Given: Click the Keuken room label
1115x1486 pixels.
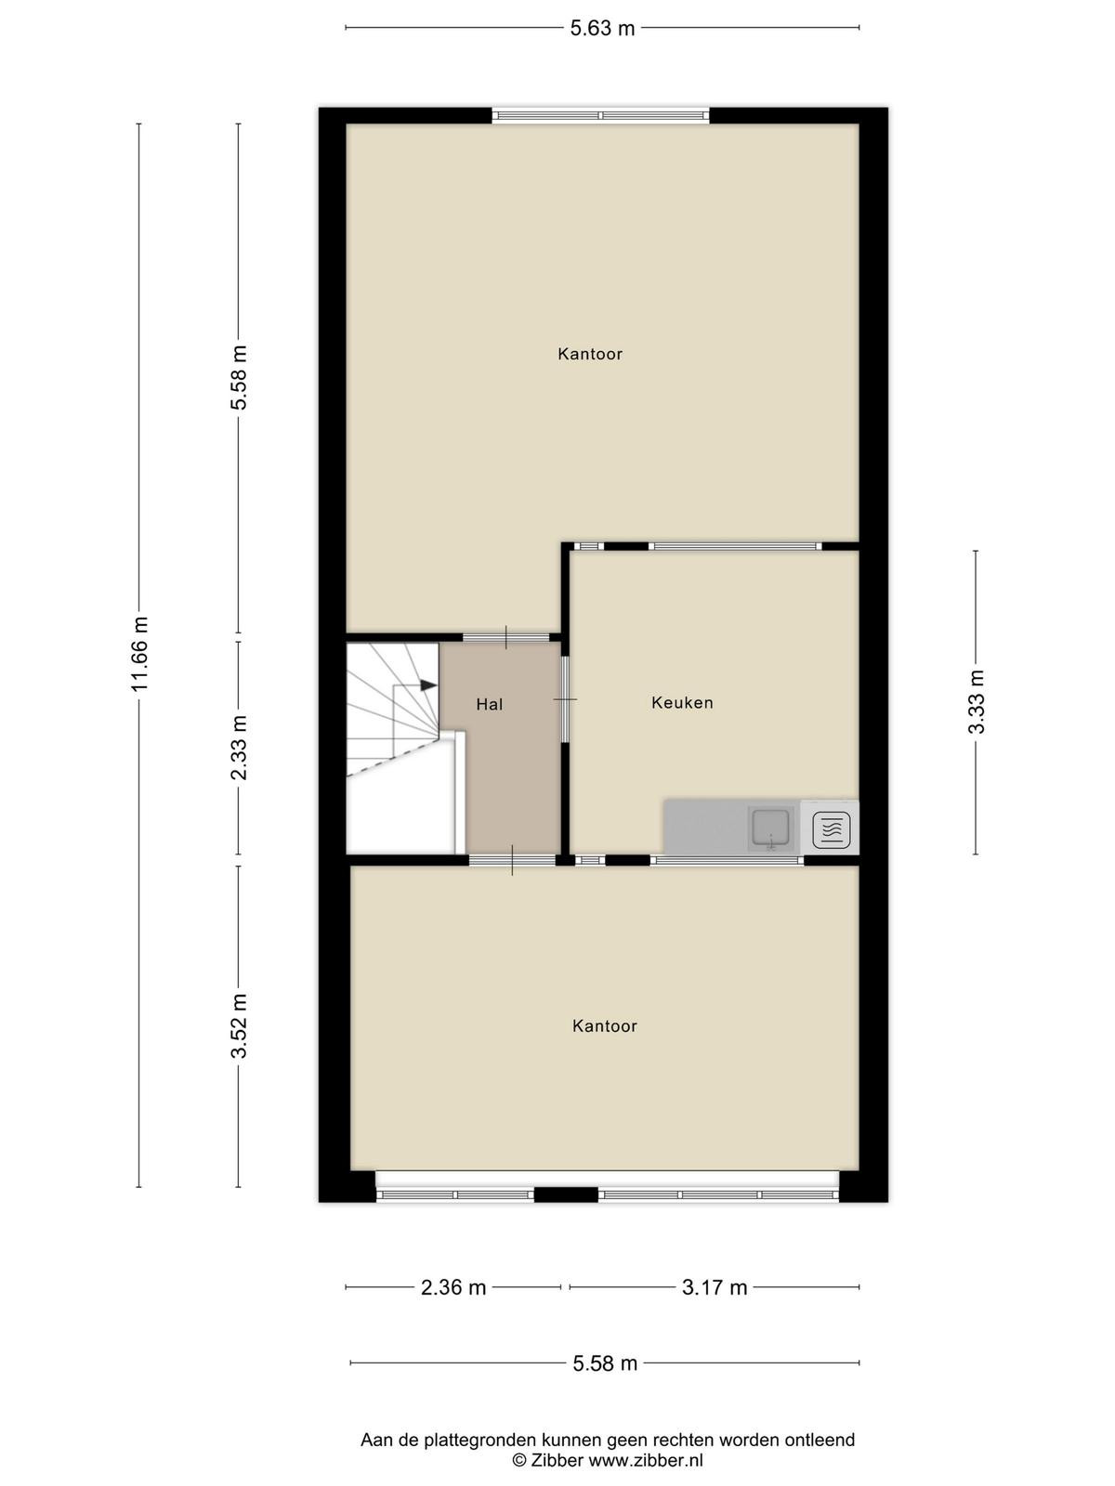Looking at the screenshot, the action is pyautogui.click(x=682, y=703).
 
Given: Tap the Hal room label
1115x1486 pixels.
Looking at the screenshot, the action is pyautogui.click(x=489, y=705).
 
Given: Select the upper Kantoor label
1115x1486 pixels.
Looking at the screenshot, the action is pyautogui.click(x=590, y=354).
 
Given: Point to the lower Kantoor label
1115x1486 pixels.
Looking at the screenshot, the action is pyautogui.click(x=605, y=1026).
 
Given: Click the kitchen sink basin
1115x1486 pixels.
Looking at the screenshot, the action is pyautogui.click(x=771, y=828).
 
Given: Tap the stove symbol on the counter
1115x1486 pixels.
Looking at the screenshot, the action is pyautogui.click(x=830, y=828).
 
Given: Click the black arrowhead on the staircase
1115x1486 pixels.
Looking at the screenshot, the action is pyautogui.click(x=427, y=685).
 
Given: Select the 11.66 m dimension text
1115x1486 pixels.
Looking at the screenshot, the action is pyautogui.click(x=139, y=654).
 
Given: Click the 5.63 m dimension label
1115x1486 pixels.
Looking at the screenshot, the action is pyautogui.click(x=602, y=29).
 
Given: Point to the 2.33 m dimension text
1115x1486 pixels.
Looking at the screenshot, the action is pyautogui.click(x=239, y=748).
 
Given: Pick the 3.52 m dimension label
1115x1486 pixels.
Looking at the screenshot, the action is pyautogui.click(x=239, y=1025).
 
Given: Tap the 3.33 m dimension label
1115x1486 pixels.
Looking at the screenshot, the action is pyautogui.click(x=976, y=702).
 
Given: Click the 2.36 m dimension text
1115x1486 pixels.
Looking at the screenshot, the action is pyautogui.click(x=453, y=1287).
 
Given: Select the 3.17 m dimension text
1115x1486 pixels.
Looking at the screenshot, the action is pyautogui.click(x=715, y=1287).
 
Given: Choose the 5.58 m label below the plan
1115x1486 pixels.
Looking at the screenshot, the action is pyautogui.click(x=605, y=1362).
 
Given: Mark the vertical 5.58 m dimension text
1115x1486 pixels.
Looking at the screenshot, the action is pyautogui.click(x=239, y=377).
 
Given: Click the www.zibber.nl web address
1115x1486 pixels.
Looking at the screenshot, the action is pyautogui.click(x=645, y=1460).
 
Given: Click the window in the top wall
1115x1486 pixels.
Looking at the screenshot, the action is pyautogui.click(x=601, y=116).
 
